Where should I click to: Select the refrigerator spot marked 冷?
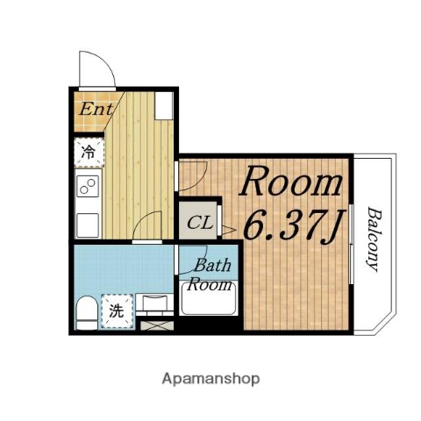[89, 152]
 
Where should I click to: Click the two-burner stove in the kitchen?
[89, 185]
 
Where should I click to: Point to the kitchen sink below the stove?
[89, 223]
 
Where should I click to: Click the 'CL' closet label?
[199, 222]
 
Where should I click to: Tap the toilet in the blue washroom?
[84, 310]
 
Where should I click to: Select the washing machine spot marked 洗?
[115, 310]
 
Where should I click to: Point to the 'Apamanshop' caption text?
[210, 379]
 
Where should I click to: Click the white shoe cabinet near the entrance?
[164, 106]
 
